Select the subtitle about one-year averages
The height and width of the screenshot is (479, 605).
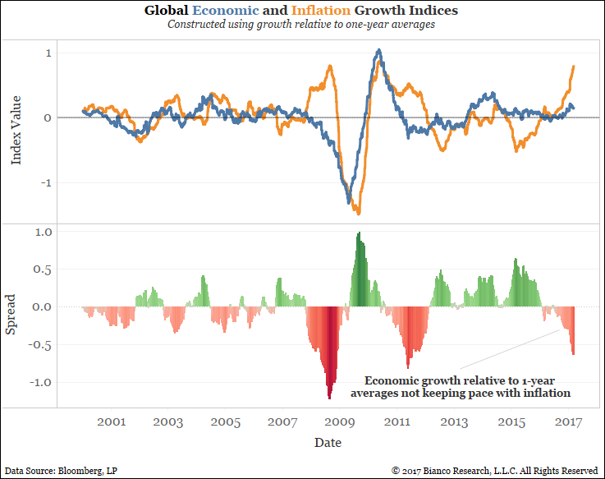(301, 25)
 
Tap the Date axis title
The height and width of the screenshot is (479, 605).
(327, 442)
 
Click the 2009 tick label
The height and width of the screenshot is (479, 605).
(340, 422)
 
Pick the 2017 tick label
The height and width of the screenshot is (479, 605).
(569, 422)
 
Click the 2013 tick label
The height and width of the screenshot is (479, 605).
(455, 422)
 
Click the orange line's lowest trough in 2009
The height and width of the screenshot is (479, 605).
(358, 213)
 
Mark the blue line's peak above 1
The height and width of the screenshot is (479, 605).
(378, 51)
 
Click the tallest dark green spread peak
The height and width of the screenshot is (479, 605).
(359, 234)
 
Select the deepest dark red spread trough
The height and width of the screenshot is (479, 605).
(329, 398)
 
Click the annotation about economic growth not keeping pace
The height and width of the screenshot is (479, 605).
(461, 387)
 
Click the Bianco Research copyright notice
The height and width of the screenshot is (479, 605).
(494, 470)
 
